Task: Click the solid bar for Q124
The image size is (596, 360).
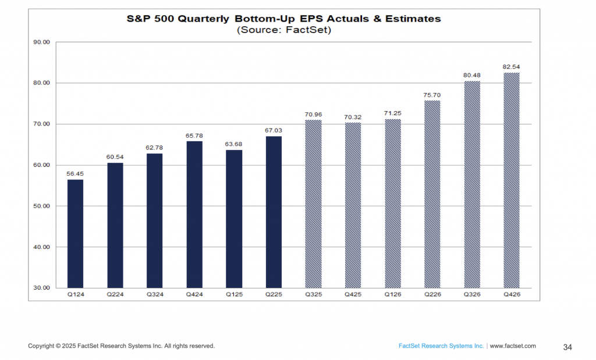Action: (75, 233)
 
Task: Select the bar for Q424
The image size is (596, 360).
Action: (194, 214)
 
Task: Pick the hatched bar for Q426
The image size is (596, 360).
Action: (511, 180)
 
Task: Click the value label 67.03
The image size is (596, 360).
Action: (274, 130)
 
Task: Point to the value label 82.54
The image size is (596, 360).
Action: (511, 66)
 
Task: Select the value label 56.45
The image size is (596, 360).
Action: (75, 173)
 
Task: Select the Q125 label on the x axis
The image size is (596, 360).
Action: (234, 294)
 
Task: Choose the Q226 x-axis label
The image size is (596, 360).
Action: (432, 294)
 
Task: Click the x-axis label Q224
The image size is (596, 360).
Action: (115, 294)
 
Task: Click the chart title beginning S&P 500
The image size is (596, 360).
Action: (284, 19)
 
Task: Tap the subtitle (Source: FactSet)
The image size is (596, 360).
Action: (284, 30)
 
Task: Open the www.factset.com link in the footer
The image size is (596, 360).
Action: (513, 346)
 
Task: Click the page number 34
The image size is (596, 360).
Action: (567, 347)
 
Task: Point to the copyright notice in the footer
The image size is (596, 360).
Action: (122, 346)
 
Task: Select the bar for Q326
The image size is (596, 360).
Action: (471, 184)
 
